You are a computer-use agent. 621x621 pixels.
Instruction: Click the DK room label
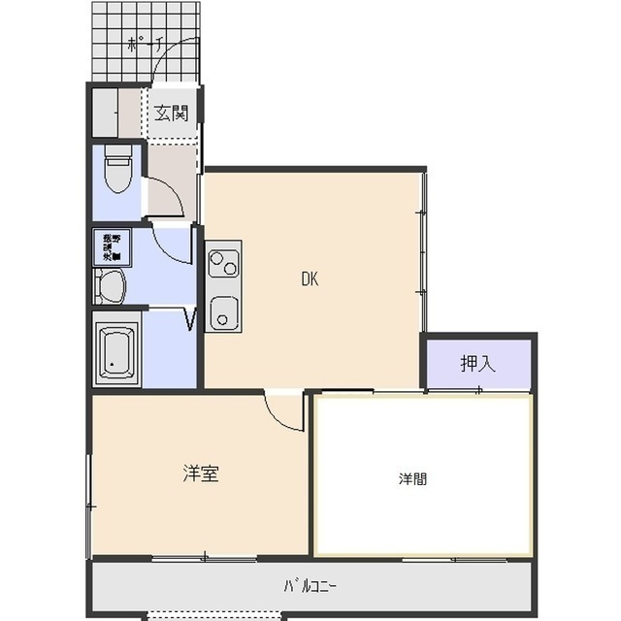(310, 280)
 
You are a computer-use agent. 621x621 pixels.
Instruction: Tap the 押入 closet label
(477, 364)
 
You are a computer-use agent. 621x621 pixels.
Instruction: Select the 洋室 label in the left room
(201, 474)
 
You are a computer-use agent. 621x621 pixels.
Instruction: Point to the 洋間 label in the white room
(412, 479)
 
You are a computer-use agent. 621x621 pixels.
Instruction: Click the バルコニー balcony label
(310, 586)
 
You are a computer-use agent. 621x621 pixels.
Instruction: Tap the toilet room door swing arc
(165, 197)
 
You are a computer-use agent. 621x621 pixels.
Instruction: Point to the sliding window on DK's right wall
(422, 252)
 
